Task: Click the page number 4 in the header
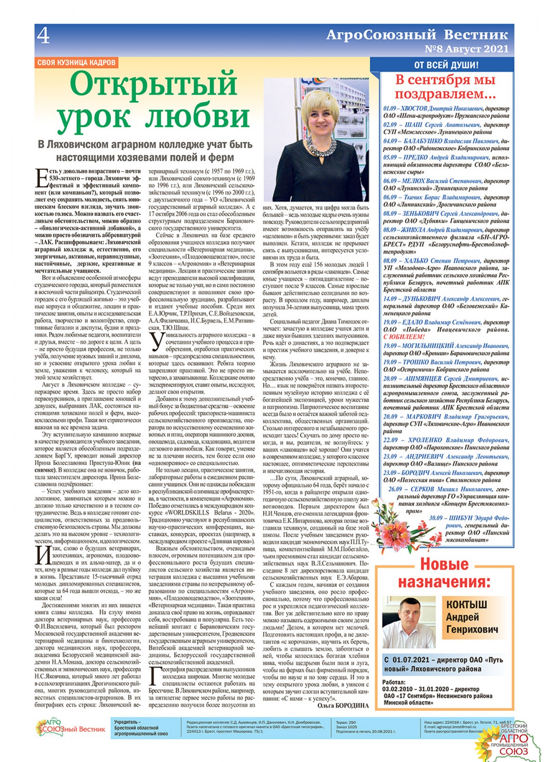click(x=43, y=36)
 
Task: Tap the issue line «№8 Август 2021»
click(x=466, y=49)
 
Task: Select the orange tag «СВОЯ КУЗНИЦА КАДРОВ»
click(x=76, y=63)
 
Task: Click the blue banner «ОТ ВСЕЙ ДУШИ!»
click(x=446, y=65)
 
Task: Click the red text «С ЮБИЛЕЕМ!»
click(x=404, y=337)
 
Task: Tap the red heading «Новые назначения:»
click(x=444, y=573)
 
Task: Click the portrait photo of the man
click(x=409, y=622)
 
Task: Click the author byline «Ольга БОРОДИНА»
click(x=343, y=705)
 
